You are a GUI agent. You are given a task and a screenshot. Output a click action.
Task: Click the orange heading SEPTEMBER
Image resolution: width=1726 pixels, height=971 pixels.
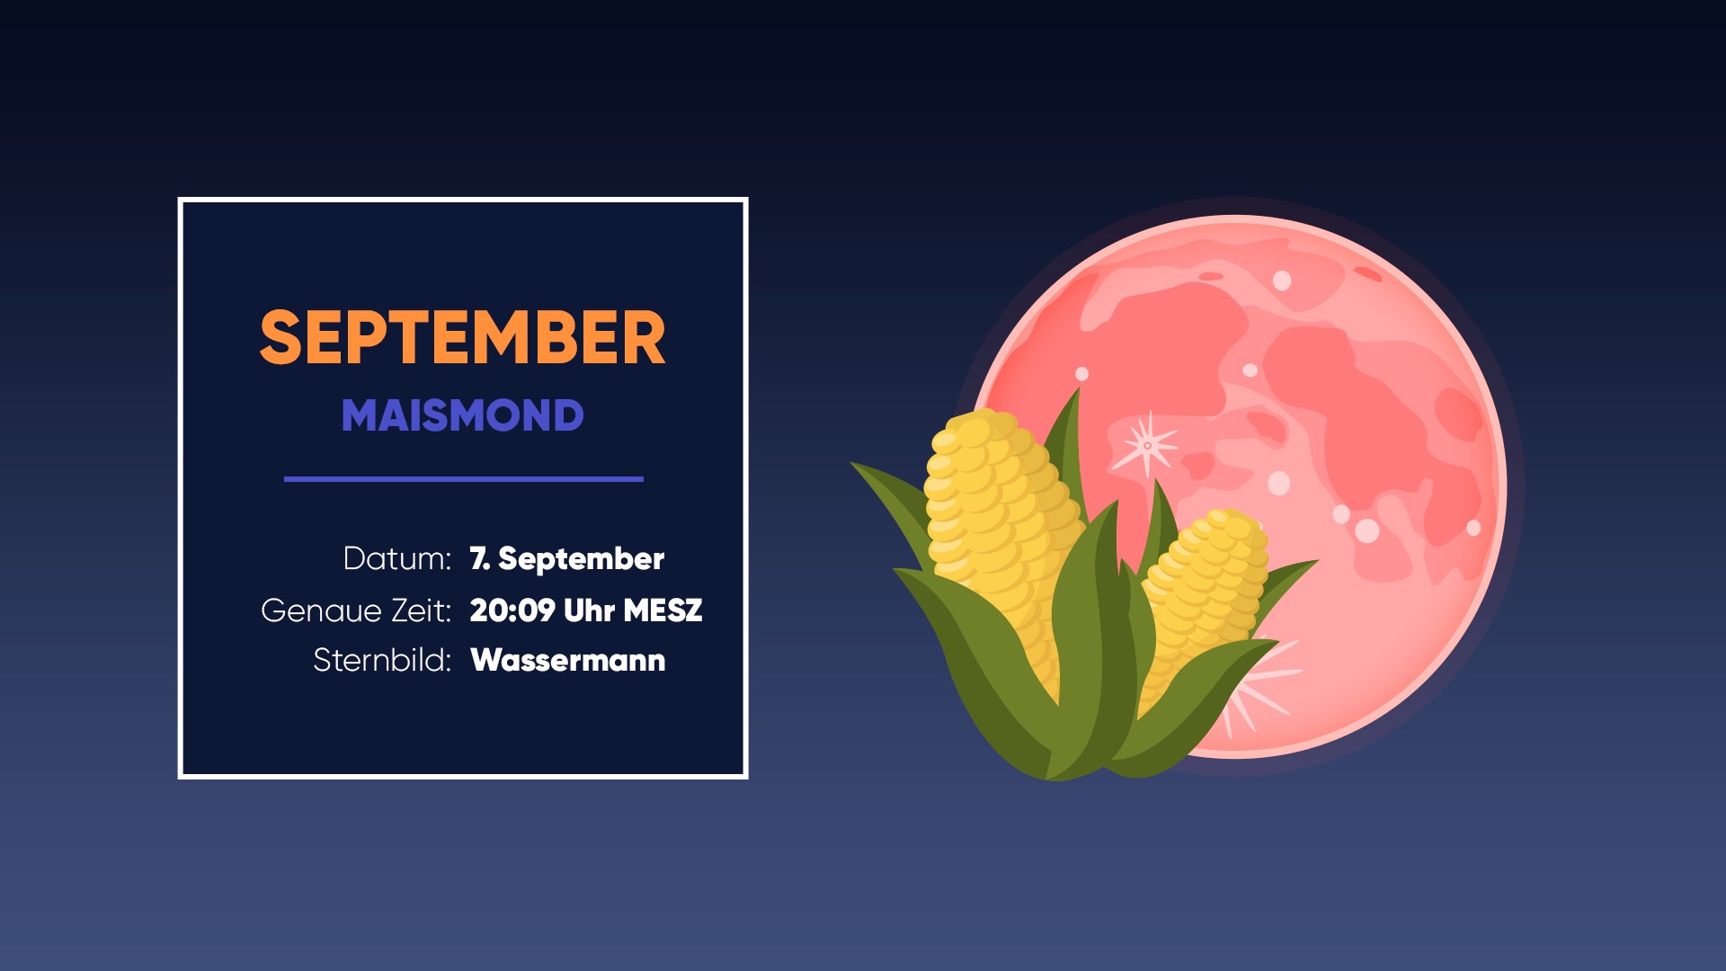(x=462, y=337)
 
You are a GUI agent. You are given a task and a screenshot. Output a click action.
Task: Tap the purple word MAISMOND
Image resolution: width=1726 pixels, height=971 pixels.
(x=462, y=415)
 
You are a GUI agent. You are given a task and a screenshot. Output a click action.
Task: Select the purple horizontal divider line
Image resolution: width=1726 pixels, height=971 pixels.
(x=464, y=479)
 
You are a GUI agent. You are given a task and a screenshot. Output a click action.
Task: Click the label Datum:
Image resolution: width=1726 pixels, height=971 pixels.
(x=396, y=559)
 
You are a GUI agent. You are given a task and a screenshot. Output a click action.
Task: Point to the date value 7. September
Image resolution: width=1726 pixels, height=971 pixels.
(x=566, y=559)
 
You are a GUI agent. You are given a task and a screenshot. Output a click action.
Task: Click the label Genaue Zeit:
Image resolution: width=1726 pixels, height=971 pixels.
(x=356, y=610)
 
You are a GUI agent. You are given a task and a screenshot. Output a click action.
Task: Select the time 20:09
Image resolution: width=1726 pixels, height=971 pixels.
(x=512, y=610)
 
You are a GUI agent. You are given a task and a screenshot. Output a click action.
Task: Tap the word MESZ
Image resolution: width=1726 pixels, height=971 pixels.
(x=663, y=610)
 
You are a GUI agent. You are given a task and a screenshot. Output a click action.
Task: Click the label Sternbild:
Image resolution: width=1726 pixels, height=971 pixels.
(x=382, y=661)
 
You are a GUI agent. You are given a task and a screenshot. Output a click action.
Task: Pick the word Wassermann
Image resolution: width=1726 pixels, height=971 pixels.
(x=568, y=661)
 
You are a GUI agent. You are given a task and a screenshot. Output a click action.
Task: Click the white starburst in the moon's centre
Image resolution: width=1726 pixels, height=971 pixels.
(x=1146, y=445)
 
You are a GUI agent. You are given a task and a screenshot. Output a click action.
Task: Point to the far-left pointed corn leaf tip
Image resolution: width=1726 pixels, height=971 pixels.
(x=851, y=463)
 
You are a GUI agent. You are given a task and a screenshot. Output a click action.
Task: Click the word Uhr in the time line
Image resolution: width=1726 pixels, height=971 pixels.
(x=589, y=610)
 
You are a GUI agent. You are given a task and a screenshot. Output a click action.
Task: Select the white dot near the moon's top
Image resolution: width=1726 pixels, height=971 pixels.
(x=1282, y=281)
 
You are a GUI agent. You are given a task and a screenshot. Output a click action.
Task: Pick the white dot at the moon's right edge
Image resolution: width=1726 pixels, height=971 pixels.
(x=1473, y=528)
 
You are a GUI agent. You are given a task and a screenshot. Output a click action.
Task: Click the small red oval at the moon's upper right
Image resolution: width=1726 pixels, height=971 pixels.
(x=1367, y=273)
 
